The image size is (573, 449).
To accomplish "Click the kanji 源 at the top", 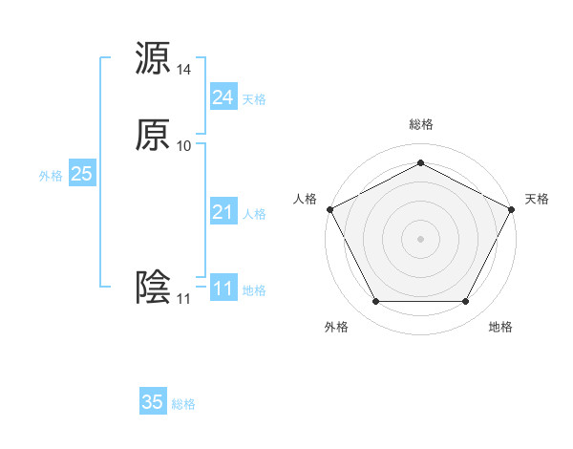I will coord(153,58).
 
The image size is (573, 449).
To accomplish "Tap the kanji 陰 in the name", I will coord(153,288).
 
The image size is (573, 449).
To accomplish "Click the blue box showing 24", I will coord(223,97).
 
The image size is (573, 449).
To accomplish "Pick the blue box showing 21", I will coord(223,212).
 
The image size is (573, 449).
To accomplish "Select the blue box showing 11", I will coord(223,289).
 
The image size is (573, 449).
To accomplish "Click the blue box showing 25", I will coord(82,174).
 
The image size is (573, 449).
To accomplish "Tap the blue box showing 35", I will coord(153,402).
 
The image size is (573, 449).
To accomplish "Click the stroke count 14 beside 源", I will coord(184,70).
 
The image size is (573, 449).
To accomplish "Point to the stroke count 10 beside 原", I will coord(184,146).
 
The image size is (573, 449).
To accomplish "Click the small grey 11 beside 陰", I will coord(183,299).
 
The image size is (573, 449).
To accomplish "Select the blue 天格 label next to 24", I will coord(254,99).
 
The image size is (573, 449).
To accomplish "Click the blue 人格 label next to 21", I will coord(254,214).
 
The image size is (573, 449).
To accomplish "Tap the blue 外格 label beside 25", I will coord(51,176).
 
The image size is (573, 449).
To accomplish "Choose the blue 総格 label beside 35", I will coord(183,404).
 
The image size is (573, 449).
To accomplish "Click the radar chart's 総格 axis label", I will coord(420,124).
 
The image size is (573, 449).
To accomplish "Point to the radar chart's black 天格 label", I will coord(537,199).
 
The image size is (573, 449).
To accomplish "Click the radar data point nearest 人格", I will coord(329,208).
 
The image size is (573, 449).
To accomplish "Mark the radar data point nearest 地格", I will coord(465,302).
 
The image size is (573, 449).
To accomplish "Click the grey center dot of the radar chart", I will coord(420,238).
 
